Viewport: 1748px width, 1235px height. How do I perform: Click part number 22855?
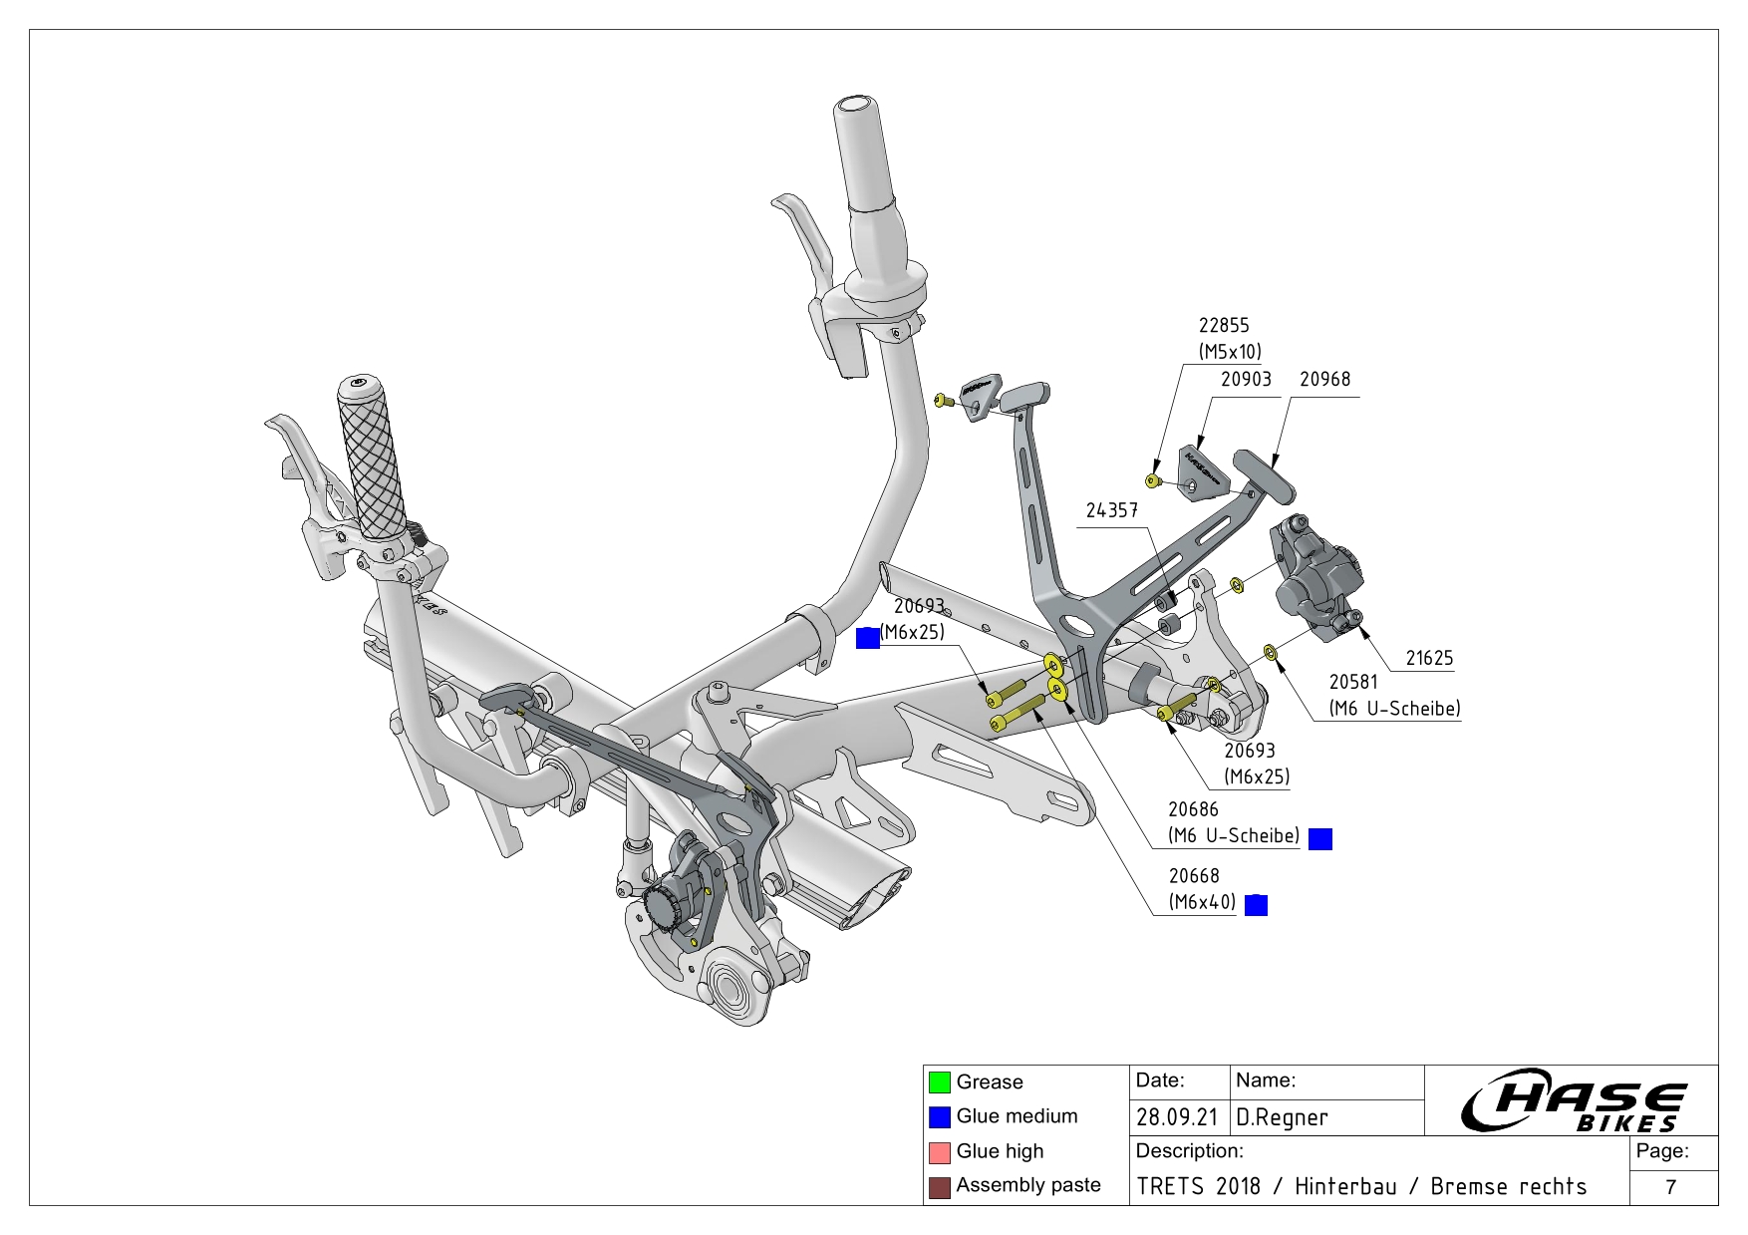(x=1223, y=326)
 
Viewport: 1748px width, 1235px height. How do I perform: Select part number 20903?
(x=1246, y=380)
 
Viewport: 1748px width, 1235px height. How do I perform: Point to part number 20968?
(x=1324, y=380)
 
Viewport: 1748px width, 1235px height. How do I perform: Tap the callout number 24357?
(x=1111, y=510)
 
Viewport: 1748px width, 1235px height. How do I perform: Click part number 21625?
(x=1429, y=658)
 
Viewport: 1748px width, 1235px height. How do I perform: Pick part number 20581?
(x=1352, y=683)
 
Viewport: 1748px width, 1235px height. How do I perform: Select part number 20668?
(x=1193, y=876)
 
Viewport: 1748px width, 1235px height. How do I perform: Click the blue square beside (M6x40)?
(x=1257, y=905)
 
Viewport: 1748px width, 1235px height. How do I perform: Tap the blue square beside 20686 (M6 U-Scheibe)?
(x=1319, y=839)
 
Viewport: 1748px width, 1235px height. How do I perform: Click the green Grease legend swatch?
(x=939, y=1082)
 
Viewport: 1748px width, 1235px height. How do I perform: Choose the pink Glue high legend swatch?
(x=939, y=1152)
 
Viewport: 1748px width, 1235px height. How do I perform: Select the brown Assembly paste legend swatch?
(x=939, y=1187)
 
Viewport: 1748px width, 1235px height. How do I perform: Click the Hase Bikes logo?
(x=1573, y=1100)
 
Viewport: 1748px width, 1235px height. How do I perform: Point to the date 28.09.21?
(x=1177, y=1117)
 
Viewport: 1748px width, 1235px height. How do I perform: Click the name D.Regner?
(x=1282, y=1117)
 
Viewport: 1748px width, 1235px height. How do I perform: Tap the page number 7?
(x=1671, y=1186)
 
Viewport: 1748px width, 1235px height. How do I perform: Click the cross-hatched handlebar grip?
(x=371, y=458)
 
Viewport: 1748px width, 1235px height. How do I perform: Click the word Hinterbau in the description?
(x=1344, y=1186)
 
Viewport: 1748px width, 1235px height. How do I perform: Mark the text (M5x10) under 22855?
(x=1230, y=352)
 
